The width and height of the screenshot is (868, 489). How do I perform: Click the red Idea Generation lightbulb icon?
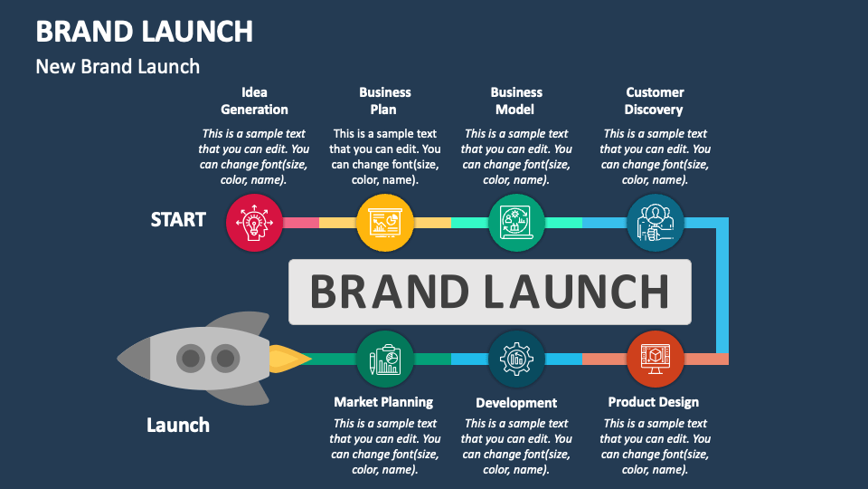[x=253, y=222]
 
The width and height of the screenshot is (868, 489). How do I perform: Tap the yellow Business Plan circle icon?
[x=385, y=222]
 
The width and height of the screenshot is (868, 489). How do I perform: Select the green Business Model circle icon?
[x=516, y=222]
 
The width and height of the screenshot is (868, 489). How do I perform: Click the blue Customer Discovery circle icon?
[x=655, y=222]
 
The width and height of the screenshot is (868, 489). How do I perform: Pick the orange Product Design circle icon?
[x=655, y=359]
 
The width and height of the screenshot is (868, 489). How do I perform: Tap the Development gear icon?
[x=516, y=359]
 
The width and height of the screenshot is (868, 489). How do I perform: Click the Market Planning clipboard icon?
[x=385, y=359]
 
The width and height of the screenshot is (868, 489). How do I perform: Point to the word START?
[x=178, y=220]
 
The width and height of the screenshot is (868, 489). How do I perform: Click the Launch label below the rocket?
[x=178, y=425]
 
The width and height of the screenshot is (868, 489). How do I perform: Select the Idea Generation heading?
[x=254, y=101]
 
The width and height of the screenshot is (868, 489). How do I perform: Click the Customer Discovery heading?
[x=655, y=101]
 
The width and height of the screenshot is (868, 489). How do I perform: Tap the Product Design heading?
[x=653, y=402]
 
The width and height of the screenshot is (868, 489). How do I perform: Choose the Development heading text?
[x=516, y=403]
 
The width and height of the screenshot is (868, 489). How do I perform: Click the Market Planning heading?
[x=383, y=402]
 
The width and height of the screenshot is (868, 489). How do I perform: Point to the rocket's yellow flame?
[x=288, y=360]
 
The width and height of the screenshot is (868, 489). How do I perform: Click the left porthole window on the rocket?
[x=190, y=360]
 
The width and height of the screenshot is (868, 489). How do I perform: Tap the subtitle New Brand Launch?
[x=118, y=66]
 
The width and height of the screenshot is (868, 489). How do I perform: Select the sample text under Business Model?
[x=516, y=157]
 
